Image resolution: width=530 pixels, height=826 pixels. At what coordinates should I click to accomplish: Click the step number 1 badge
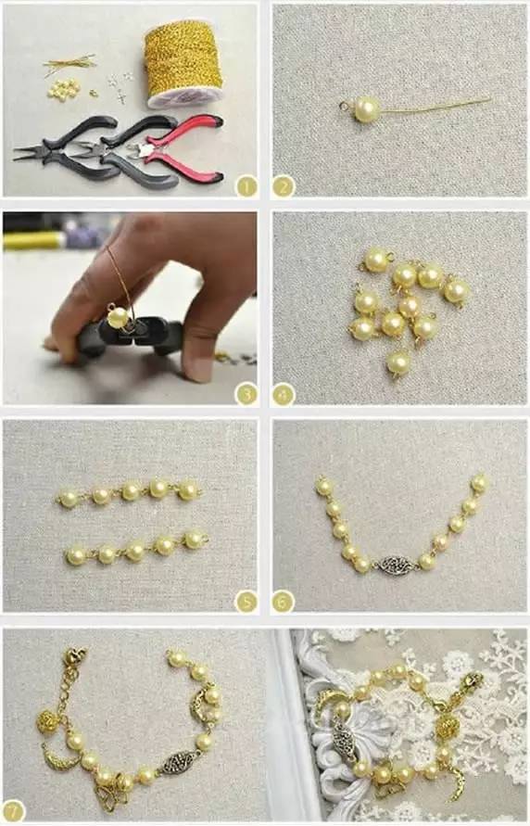246,186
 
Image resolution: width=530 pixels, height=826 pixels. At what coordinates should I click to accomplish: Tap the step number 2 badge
284,186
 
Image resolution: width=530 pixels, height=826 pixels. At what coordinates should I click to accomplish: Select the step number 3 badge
246,394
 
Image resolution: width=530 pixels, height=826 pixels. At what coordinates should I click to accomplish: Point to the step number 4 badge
284,394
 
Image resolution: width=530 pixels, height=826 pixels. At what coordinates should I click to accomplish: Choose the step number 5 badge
246,602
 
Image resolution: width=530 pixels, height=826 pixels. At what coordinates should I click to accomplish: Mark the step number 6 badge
284,602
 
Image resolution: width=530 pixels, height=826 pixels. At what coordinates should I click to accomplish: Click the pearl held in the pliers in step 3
118,317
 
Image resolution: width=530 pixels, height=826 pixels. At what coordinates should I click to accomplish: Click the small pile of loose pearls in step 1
63,88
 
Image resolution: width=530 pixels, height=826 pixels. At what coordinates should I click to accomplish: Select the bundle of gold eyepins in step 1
69,66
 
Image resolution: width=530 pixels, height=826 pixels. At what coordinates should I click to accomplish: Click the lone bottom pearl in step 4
397,363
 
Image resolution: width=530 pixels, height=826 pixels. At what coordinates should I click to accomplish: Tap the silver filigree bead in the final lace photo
344,735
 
